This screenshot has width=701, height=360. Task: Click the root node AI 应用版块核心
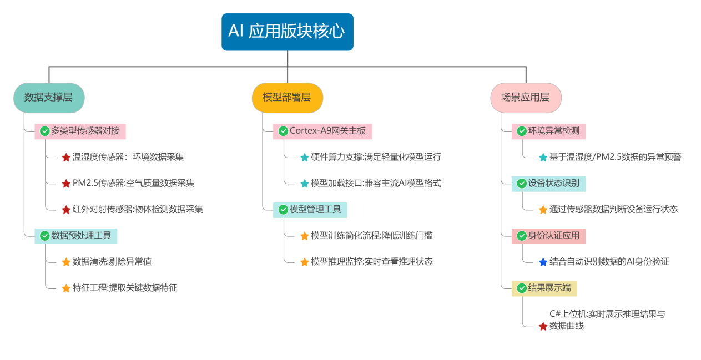pos(287,32)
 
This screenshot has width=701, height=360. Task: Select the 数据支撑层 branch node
pos(49,98)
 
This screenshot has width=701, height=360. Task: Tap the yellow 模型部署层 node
pos(287,98)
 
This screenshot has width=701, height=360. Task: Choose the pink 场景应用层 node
pos(526,98)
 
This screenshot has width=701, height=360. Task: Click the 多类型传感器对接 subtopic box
pos(80,131)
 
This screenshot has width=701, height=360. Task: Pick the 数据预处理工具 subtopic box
pos(76,236)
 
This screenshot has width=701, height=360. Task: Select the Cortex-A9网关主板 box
pos(322,131)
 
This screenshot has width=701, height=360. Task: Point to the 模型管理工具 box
pos(310,210)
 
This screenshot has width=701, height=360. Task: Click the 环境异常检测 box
pos(548,131)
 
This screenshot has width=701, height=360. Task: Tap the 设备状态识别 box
pos(548,184)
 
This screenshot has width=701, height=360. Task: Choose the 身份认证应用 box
pos(548,236)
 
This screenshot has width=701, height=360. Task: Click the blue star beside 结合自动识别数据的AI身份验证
pos(543,262)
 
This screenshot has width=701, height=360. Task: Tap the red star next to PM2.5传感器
pos(66,184)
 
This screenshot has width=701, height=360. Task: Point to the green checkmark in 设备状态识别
pos(522,184)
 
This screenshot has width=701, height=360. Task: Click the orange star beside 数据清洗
pos(66,262)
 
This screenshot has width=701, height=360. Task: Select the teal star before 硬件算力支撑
pos(304,158)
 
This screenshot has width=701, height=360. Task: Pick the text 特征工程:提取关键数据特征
pos(124,288)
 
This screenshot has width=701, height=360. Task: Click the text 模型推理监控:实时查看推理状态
pos(371,262)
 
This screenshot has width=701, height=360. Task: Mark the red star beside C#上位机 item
pos(543,327)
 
